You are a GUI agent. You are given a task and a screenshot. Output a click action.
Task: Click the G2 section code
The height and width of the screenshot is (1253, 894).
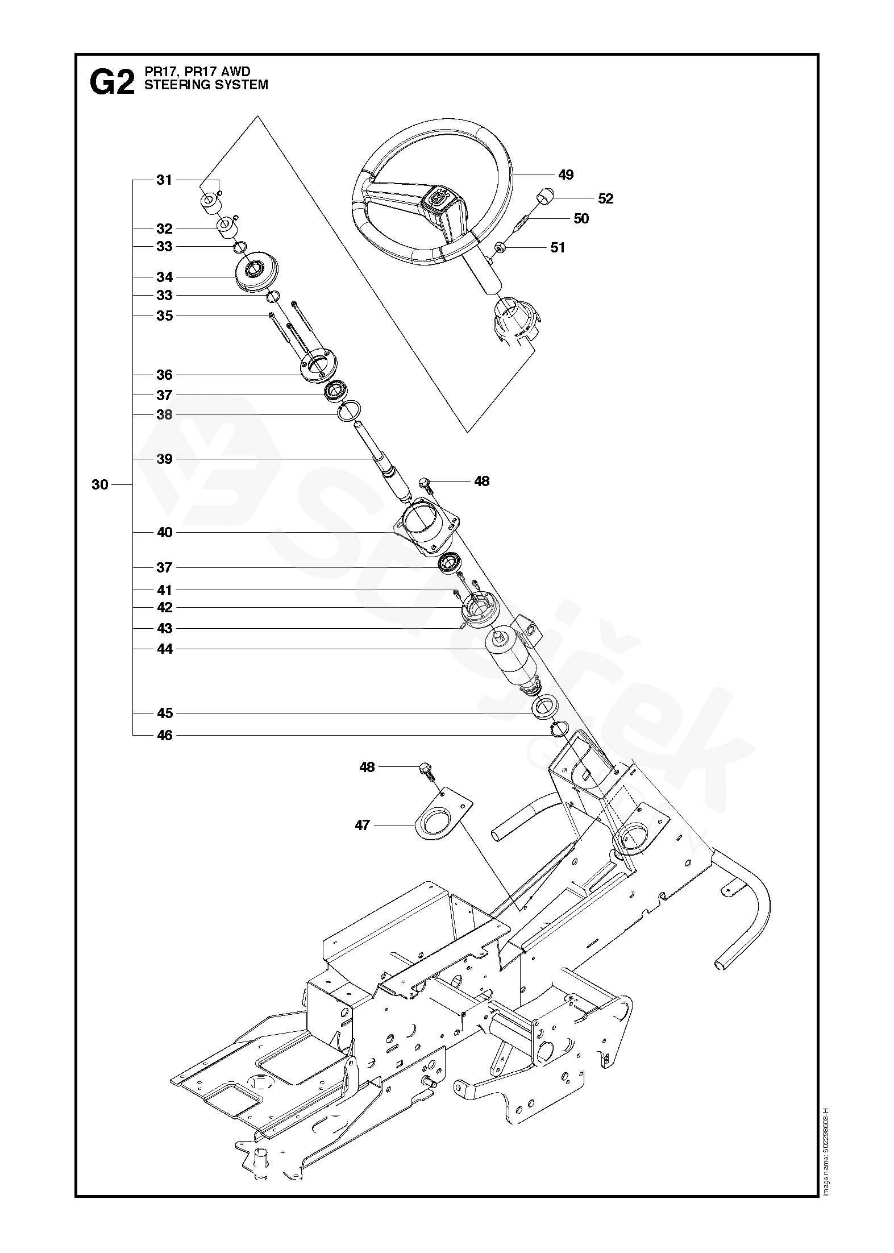pyautogui.click(x=112, y=83)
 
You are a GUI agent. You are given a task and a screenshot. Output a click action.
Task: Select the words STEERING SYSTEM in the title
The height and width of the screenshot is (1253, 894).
pyautogui.click(x=206, y=85)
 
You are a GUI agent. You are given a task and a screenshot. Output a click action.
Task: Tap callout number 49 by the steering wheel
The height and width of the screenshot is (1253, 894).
pyautogui.click(x=565, y=175)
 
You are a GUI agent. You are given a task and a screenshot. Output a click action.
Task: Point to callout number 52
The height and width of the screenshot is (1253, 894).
pyautogui.click(x=606, y=198)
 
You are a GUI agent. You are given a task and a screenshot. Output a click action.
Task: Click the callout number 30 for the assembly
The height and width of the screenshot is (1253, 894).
pyautogui.click(x=99, y=484)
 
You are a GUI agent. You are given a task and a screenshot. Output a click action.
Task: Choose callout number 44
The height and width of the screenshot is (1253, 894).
pyautogui.click(x=164, y=649)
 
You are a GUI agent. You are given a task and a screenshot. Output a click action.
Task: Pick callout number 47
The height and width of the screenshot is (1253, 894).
pyautogui.click(x=362, y=824)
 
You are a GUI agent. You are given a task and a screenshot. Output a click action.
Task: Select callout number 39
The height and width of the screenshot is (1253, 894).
pyautogui.click(x=164, y=459)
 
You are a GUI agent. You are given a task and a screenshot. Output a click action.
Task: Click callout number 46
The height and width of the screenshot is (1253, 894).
pyautogui.click(x=164, y=735)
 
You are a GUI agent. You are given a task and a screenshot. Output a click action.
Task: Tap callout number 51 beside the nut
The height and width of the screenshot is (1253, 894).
pyautogui.click(x=558, y=247)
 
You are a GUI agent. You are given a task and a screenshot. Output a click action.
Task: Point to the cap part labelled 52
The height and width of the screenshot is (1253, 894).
pyautogui.click(x=543, y=195)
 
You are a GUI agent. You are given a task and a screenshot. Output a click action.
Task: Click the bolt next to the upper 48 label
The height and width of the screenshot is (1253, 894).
pyautogui.click(x=425, y=484)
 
